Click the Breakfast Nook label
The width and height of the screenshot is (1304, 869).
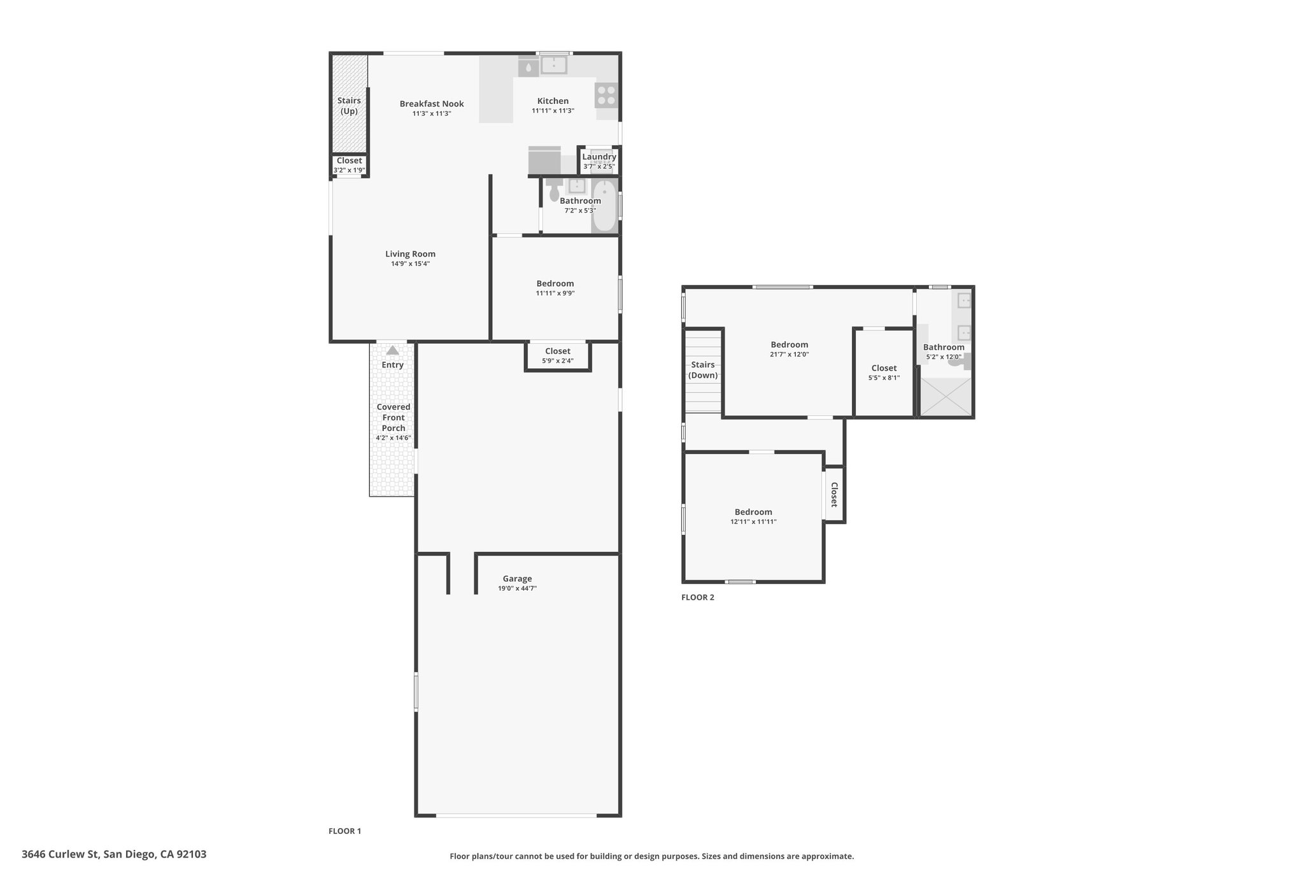click(x=432, y=104)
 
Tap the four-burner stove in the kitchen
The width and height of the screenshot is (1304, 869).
click(x=606, y=95)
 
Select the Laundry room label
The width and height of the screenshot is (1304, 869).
click(x=599, y=157)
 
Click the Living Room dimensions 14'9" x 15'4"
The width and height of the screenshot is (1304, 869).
click(x=411, y=264)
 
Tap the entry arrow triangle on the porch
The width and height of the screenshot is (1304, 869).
click(x=392, y=350)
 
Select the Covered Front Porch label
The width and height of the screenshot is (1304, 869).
click(x=393, y=418)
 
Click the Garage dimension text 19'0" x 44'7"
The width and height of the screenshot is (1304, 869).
click(x=517, y=589)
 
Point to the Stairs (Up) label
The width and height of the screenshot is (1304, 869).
click(x=349, y=106)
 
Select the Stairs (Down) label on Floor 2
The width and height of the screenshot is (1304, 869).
click(x=703, y=370)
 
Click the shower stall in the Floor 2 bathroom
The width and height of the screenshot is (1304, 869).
click(x=946, y=397)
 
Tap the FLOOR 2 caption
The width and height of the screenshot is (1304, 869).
click(x=698, y=598)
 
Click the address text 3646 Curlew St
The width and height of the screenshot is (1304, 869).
click(x=60, y=854)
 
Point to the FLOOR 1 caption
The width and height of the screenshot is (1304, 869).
click(x=344, y=831)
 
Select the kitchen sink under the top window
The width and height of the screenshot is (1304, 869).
click(x=554, y=65)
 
